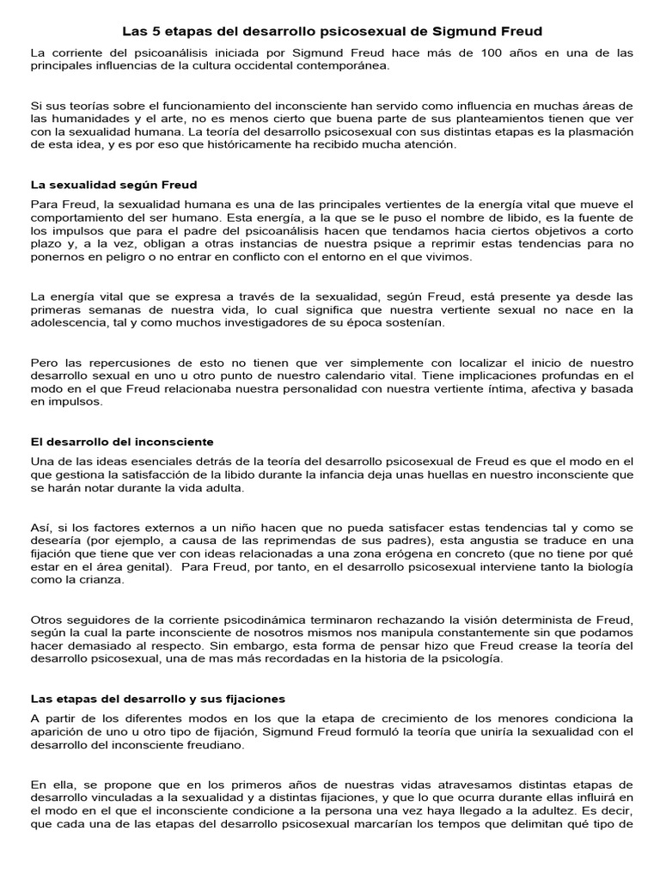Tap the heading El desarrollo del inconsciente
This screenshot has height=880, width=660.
pyautogui.click(x=122, y=442)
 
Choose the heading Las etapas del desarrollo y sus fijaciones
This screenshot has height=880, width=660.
pyautogui.click(x=158, y=699)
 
